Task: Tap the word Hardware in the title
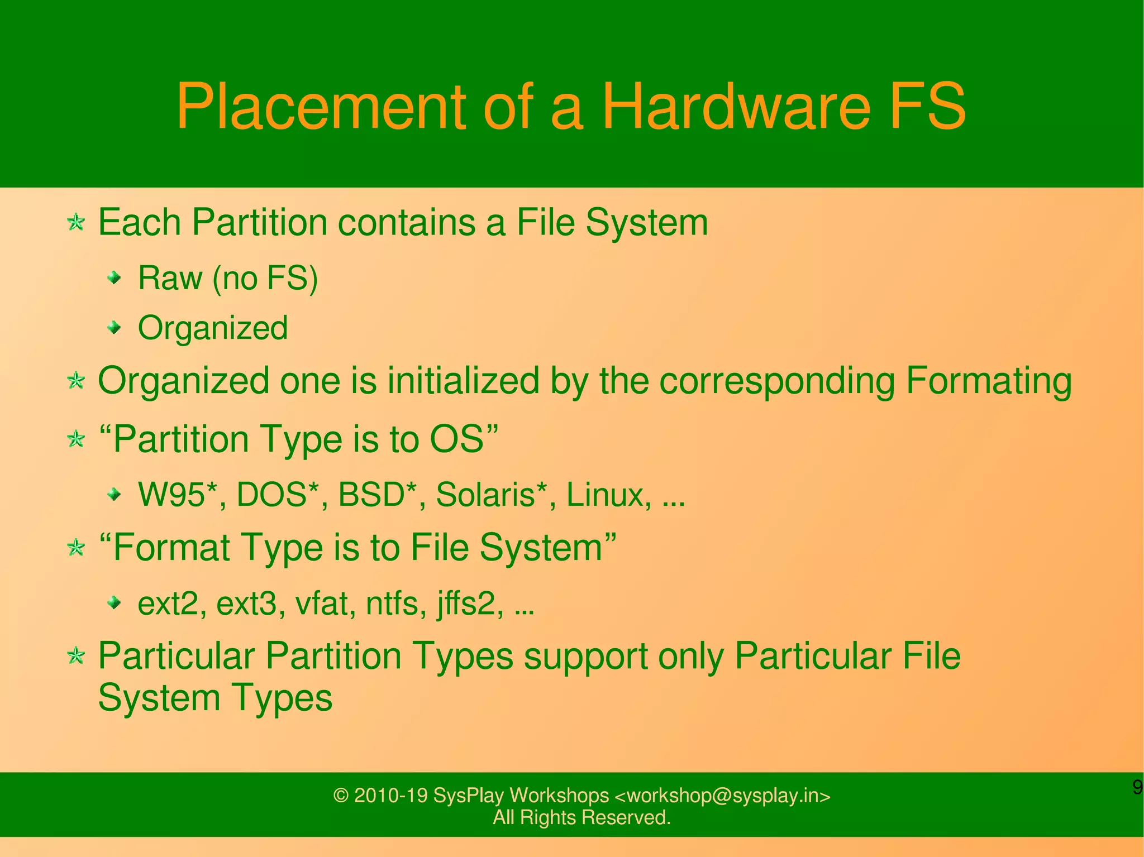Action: [x=736, y=106]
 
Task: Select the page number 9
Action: [x=1137, y=787]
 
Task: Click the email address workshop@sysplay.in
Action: [x=722, y=795]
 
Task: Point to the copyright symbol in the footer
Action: [x=341, y=796]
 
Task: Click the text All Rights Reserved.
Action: [x=581, y=817]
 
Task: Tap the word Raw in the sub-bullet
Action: [x=170, y=278]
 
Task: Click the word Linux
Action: [x=607, y=495]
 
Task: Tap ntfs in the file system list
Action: [x=392, y=604]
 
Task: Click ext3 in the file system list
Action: [x=246, y=604]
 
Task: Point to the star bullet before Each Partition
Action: [x=76, y=223]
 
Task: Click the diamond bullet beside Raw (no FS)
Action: [x=115, y=277]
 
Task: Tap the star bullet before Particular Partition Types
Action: [x=76, y=655]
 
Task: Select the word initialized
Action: [x=463, y=382]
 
